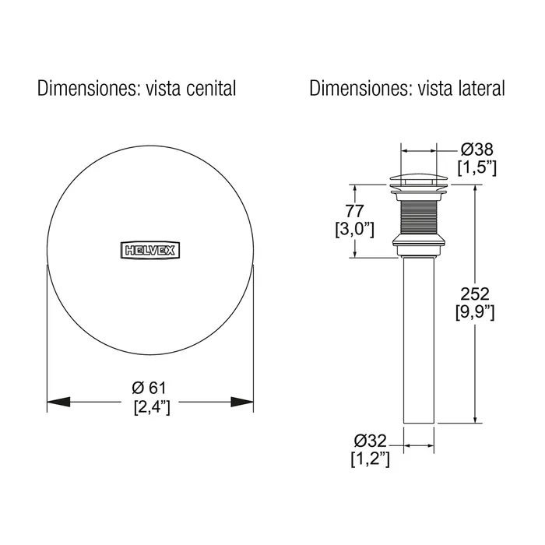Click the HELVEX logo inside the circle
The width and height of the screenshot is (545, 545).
(150, 250)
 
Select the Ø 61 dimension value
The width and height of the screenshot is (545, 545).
(149, 388)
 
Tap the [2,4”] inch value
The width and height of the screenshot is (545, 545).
(153, 406)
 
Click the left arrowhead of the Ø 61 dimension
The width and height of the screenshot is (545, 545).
(58, 402)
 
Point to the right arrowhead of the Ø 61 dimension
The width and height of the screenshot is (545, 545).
(242, 402)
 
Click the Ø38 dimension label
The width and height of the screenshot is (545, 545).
(476, 149)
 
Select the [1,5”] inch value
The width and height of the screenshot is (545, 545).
(476, 168)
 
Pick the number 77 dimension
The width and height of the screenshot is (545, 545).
(354, 211)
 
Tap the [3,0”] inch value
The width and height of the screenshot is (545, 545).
(354, 230)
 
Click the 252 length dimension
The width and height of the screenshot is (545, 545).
(475, 294)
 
